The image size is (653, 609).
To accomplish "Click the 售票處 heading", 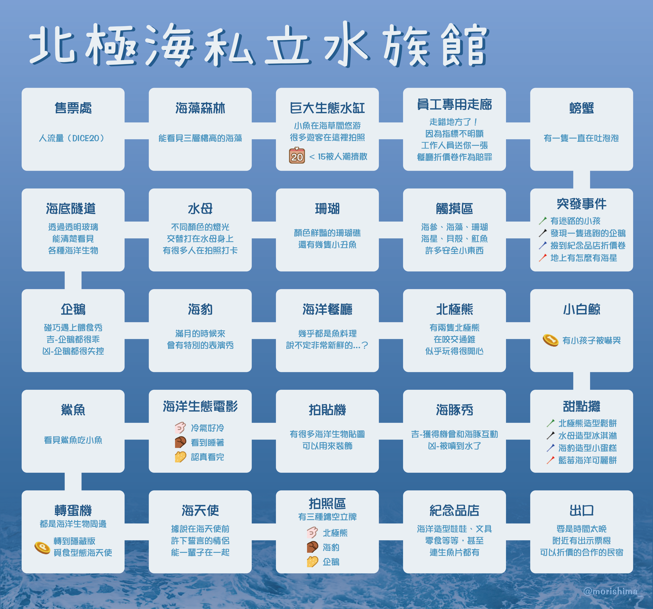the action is [x=73, y=108].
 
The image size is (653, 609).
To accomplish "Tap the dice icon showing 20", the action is [x=297, y=156].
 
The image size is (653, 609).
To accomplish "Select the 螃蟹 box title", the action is [x=581, y=108].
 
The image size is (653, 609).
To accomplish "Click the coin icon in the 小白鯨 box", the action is [x=551, y=340].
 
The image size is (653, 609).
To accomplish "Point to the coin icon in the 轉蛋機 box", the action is [x=42, y=547].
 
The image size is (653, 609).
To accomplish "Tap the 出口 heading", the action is [x=581, y=511].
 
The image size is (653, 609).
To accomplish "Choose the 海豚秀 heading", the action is [x=454, y=410].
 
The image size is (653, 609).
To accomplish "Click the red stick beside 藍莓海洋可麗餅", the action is [x=551, y=460].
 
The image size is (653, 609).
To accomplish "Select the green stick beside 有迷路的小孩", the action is [x=543, y=221].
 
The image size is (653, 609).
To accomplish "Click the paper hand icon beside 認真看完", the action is [x=180, y=457].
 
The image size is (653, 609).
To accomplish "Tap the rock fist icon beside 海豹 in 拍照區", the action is [x=312, y=547].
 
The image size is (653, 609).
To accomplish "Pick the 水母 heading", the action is [x=200, y=208].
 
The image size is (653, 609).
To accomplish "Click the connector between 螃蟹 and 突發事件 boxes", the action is [x=581, y=180].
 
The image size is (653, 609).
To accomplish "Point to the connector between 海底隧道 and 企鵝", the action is [x=73, y=280].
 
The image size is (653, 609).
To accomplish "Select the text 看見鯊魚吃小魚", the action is [x=73, y=440].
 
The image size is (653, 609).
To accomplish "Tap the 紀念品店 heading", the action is [x=454, y=511].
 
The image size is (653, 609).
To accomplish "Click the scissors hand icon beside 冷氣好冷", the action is [x=180, y=428].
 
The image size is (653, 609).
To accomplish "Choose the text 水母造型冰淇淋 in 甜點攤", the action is [x=588, y=435].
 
